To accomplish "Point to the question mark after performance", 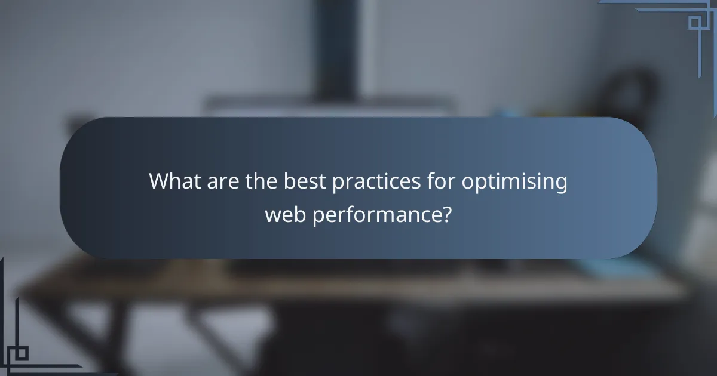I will pyautogui.click(x=445, y=214).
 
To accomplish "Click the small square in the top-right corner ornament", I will pyautogui.click(x=694, y=22).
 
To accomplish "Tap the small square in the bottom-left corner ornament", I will pyautogui.click(x=22, y=353).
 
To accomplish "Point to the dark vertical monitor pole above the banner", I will pyautogui.click(x=336, y=48).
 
